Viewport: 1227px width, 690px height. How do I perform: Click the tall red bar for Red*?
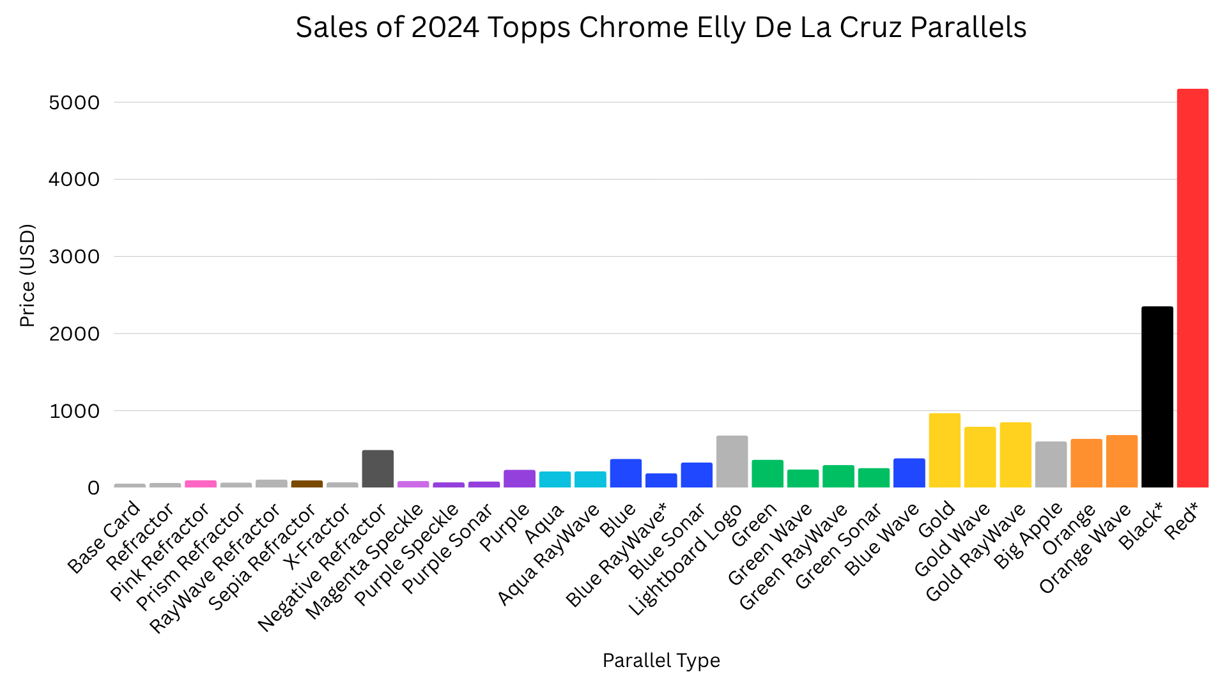click(1192, 288)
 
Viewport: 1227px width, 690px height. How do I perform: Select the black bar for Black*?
click(1157, 397)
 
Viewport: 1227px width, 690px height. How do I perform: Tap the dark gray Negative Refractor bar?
click(378, 469)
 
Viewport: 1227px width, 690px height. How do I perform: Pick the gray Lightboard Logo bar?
click(732, 462)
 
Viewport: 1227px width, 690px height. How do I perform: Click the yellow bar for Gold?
click(945, 450)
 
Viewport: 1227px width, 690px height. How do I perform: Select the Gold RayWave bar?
click(1015, 455)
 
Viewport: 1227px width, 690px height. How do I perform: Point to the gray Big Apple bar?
click(1051, 464)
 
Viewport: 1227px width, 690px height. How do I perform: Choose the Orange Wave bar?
click(1122, 461)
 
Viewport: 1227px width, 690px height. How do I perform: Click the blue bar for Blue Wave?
click(909, 473)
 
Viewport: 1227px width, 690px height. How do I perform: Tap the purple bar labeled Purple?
click(520, 479)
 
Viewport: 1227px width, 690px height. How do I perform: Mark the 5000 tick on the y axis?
click(75, 102)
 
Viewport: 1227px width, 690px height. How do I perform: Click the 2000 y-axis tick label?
click(75, 333)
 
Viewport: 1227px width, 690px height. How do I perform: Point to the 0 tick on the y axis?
click(94, 488)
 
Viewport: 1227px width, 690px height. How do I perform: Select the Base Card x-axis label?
click(104, 537)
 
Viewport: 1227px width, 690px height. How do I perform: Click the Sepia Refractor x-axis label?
click(262, 557)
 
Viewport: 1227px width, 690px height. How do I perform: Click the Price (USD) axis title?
click(27, 275)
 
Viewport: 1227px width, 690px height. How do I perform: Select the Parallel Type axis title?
click(661, 661)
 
